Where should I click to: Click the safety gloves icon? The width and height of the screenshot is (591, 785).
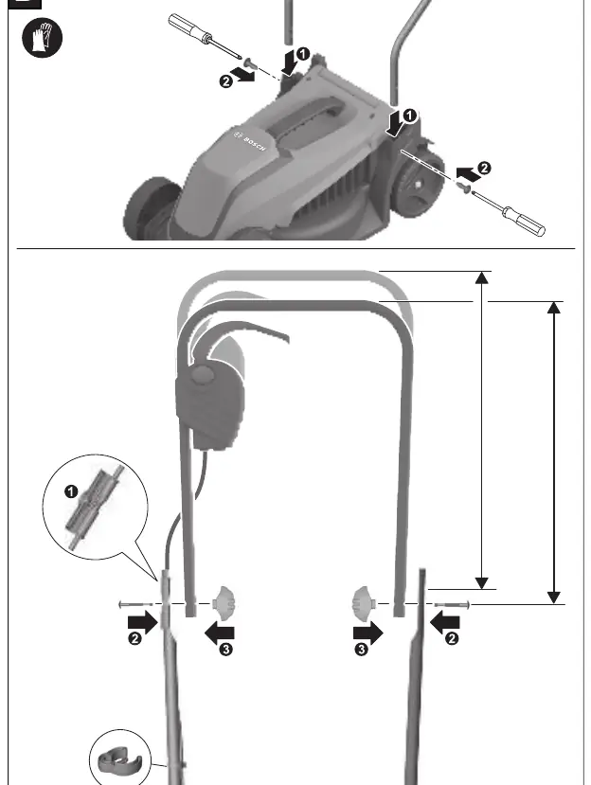click(x=42, y=37)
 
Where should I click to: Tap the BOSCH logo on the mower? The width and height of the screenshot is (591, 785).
click(x=249, y=141)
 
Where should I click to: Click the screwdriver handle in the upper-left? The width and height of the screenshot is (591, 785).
click(x=186, y=27)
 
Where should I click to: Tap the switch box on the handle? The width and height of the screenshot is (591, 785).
click(x=210, y=401)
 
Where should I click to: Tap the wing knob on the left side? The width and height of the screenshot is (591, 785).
click(x=224, y=604)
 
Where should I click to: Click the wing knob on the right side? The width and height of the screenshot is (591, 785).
click(x=363, y=604)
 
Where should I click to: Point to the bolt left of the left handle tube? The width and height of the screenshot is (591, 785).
click(x=136, y=604)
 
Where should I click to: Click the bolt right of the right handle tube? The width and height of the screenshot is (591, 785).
click(x=452, y=605)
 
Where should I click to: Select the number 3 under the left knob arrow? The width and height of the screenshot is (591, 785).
click(x=225, y=650)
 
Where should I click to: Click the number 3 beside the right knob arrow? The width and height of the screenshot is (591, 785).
click(x=361, y=650)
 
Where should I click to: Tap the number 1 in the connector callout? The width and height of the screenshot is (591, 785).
click(x=72, y=491)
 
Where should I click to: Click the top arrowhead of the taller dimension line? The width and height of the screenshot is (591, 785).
click(x=481, y=277)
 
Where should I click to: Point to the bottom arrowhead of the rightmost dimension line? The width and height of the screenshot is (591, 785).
click(x=553, y=598)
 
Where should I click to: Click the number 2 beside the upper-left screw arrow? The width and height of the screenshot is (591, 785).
click(x=226, y=81)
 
